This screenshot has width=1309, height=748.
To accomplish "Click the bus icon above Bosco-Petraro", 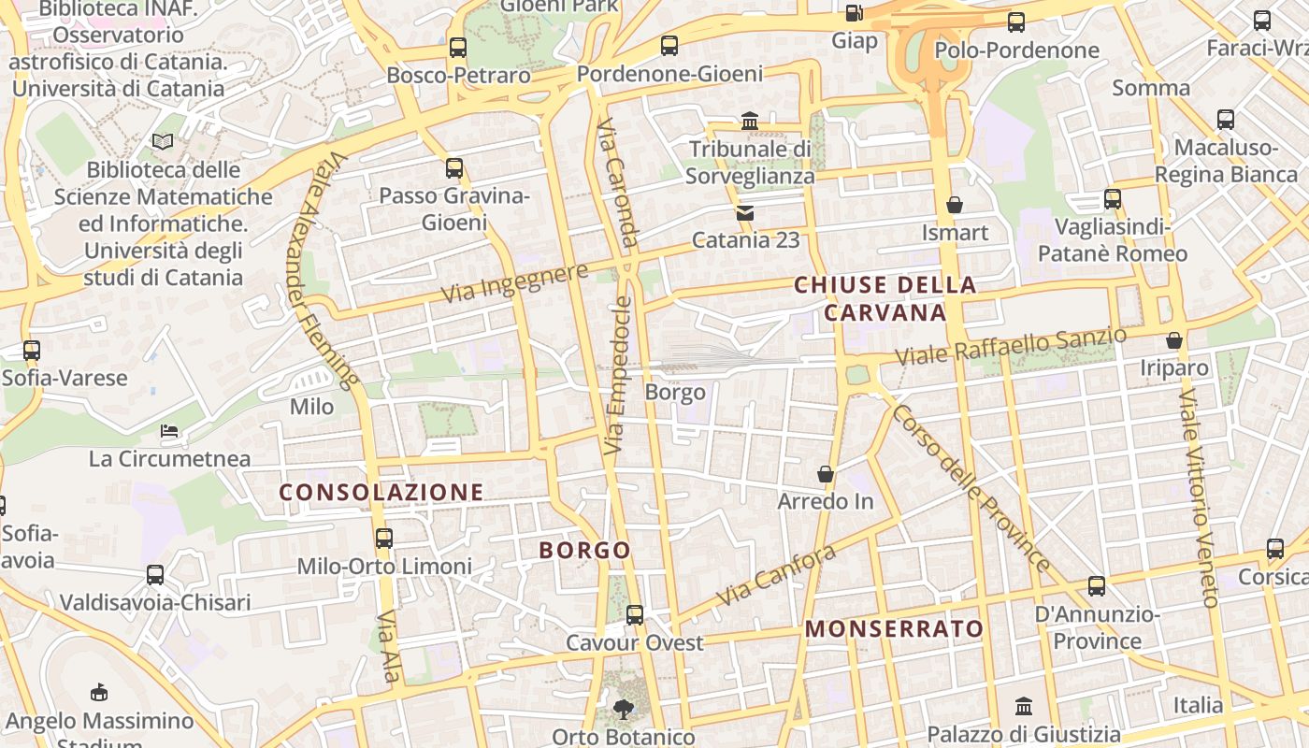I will click(457, 48).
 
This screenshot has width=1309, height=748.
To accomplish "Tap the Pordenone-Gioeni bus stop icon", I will click(669, 46).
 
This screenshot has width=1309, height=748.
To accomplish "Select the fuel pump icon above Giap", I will click(853, 13).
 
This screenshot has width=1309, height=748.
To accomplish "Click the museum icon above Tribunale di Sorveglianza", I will click(749, 122).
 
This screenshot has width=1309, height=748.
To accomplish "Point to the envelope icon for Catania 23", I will click(745, 213).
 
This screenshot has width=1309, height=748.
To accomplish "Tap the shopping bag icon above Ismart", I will click(955, 205).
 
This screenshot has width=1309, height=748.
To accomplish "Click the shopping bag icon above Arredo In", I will click(826, 475).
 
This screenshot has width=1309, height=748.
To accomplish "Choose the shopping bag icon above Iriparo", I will click(1174, 341).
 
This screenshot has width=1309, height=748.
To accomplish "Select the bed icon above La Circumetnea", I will click(169, 431).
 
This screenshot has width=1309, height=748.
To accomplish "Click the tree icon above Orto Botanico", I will click(623, 709).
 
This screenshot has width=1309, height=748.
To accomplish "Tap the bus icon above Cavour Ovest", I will click(635, 614).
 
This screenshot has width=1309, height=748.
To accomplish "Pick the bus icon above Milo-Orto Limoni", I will click(384, 539).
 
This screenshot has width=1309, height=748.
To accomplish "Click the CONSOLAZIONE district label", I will click(381, 492).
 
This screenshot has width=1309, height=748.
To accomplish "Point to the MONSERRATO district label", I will click(894, 629).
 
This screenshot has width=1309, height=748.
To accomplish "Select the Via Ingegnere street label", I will click(514, 281).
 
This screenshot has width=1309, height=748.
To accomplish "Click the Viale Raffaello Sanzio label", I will click(1011, 347).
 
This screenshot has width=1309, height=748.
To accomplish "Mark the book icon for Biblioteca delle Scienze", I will click(163, 142).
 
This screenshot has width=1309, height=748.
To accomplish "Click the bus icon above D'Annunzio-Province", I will click(1096, 586).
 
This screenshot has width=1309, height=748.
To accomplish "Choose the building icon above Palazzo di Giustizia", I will click(1024, 706).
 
